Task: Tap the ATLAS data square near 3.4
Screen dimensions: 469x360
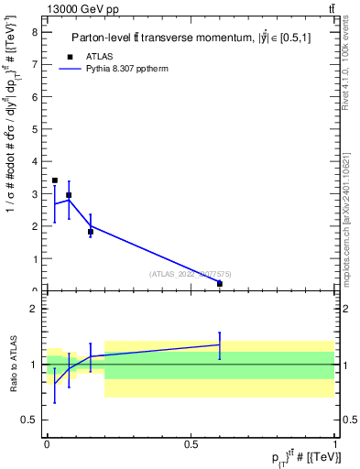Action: [x=55, y=180]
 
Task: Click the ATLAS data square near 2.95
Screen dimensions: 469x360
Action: [x=69, y=195]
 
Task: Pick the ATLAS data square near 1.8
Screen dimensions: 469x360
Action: [x=91, y=232]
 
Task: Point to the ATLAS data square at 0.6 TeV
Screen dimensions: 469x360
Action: [x=220, y=284]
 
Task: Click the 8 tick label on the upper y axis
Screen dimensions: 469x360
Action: [x=34, y=32]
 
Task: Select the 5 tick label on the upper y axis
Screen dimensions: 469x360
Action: [x=34, y=129]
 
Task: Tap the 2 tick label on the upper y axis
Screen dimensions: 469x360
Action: [x=34, y=226]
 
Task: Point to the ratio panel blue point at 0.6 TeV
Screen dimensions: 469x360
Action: [x=220, y=344]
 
